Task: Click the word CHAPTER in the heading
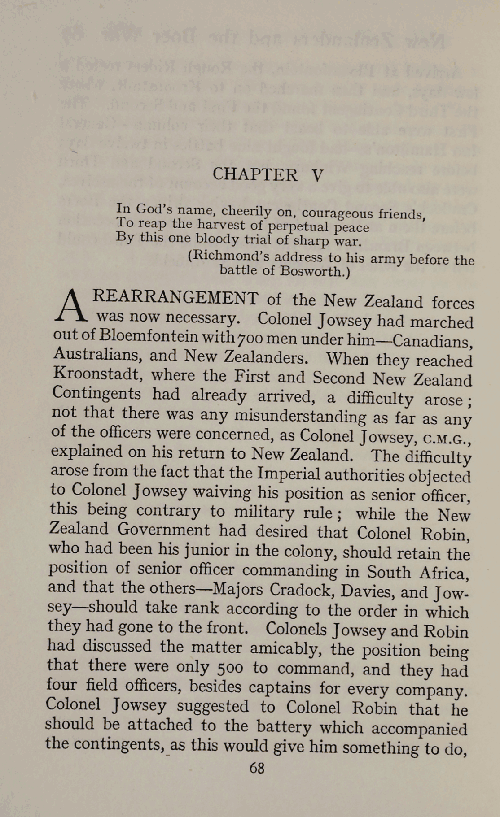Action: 254,174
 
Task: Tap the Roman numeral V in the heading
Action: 317,176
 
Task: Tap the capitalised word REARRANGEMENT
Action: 175,298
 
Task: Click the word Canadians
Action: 431,342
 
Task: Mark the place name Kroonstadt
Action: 97,374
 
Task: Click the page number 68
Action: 257,769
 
